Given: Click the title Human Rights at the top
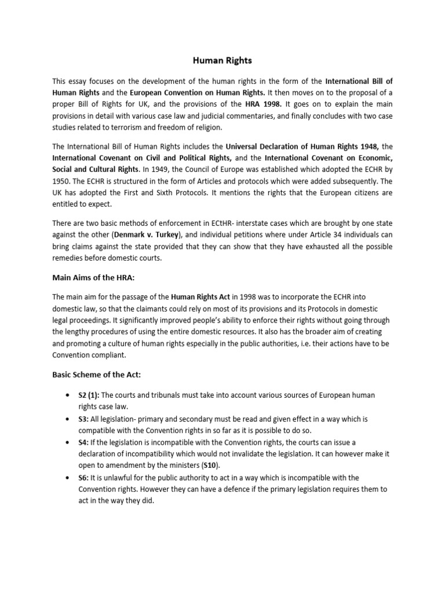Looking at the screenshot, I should [x=222, y=60].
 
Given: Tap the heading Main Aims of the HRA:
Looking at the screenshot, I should [x=93, y=277].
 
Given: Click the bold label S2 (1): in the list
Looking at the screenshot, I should [x=88, y=395].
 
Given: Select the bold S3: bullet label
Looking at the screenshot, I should [x=82, y=418].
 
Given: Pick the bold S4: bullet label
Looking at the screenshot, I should [x=82, y=442].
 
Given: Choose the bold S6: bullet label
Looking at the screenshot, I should [x=82, y=478].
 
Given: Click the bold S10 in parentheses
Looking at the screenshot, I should [x=211, y=465].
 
